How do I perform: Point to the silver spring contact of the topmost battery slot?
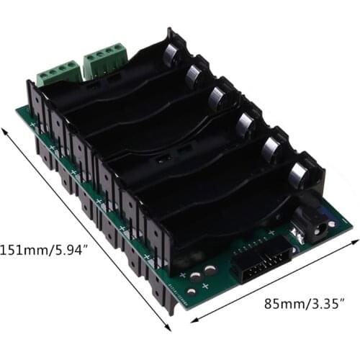pyautogui.click(x=171, y=54)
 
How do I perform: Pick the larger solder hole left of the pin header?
pyautogui.click(x=210, y=271)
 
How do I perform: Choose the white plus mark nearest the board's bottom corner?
pyautogui.click(x=204, y=287)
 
